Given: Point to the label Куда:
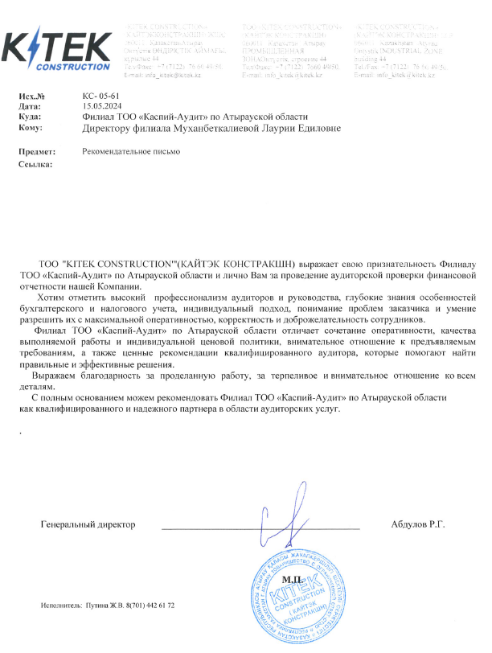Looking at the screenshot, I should point(30,117).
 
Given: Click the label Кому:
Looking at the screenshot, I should point(30,127).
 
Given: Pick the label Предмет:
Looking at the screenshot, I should point(37,151).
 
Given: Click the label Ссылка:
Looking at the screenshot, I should point(35,165).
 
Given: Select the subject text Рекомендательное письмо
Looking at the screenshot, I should point(131,151).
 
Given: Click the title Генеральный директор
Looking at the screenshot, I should point(88,524).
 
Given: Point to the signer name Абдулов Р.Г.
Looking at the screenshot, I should point(417,524).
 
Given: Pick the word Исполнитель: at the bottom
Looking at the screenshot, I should point(61,605).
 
